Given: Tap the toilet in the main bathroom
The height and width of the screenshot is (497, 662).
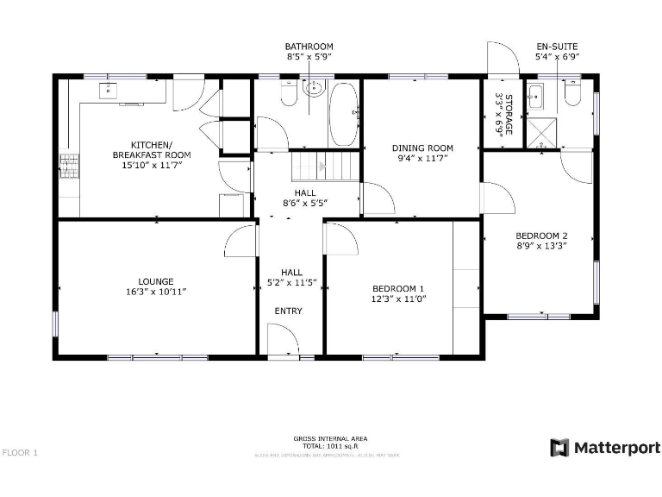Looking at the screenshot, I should (x=288, y=94).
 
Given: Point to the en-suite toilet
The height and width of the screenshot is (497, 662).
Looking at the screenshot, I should (x=572, y=93).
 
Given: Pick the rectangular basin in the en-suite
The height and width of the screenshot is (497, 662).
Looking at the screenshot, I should (x=535, y=94).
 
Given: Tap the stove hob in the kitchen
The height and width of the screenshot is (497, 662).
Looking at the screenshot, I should (x=67, y=164).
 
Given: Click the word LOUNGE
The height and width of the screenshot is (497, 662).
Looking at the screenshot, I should (x=156, y=281).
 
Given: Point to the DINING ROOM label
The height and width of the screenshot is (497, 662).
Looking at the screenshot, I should (x=422, y=148).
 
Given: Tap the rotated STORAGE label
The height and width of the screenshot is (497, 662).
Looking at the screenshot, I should (x=509, y=115).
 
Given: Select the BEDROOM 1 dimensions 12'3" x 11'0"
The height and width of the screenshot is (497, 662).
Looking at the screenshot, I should (x=397, y=299).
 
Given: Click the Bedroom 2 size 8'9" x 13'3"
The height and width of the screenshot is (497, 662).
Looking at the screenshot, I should (x=541, y=246).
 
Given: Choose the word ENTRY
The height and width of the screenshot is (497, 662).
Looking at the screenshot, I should (x=288, y=311).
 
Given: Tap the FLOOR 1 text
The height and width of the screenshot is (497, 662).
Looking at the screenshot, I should (x=21, y=452).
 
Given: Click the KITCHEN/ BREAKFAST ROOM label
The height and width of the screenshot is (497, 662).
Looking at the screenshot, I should (x=152, y=149).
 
